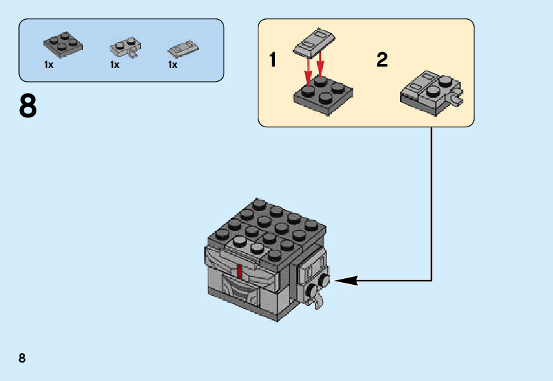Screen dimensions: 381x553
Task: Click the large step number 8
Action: click(x=28, y=107)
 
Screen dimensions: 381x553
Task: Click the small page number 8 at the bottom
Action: click(x=22, y=359)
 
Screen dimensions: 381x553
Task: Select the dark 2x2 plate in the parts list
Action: click(x=64, y=43)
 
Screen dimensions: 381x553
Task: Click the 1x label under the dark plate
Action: click(x=49, y=65)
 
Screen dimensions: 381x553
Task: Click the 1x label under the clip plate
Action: click(x=115, y=65)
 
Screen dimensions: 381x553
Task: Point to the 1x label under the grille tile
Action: click(x=173, y=65)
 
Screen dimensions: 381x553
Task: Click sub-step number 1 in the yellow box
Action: click(x=273, y=61)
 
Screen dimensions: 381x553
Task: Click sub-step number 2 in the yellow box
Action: click(x=382, y=61)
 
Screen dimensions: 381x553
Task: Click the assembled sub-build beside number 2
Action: click(x=431, y=94)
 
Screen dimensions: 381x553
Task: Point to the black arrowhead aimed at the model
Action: click(x=347, y=280)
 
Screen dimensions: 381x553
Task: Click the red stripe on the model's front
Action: click(x=239, y=272)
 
